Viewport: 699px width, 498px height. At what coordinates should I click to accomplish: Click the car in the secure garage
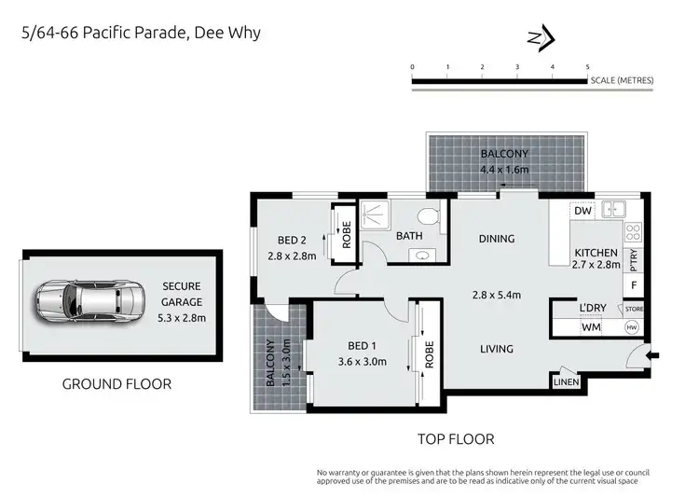pyautogui.click(x=90, y=300)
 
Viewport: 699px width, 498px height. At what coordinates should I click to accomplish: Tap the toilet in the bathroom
pyautogui.click(x=429, y=218)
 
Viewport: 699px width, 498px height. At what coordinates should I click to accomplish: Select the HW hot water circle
pyautogui.click(x=631, y=327)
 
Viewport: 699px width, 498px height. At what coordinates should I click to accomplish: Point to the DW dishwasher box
pyautogui.click(x=583, y=212)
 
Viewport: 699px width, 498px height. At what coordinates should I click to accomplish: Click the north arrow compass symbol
pyautogui.click(x=540, y=38)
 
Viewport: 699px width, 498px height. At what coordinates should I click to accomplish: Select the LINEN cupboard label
pyautogui.click(x=566, y=381)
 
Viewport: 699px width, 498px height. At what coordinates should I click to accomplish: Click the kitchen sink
pyautogui.click(x=614, y=208)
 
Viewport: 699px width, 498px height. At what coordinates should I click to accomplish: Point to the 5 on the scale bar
pyautogui.click(x=587, y=67)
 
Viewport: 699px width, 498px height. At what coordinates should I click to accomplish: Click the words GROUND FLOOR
pyautogui.click(x=116, y=383)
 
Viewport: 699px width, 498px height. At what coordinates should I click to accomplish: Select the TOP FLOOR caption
pyautogui.click(x=456, y=438)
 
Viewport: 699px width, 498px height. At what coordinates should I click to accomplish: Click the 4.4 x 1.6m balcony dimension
pyautogui.click(x=503, y=170)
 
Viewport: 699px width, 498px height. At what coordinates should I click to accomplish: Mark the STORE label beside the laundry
pyautogui.click(x=634, y=309)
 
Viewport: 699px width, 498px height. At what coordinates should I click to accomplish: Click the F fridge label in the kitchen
pyautogui.click(x=634, y=284)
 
